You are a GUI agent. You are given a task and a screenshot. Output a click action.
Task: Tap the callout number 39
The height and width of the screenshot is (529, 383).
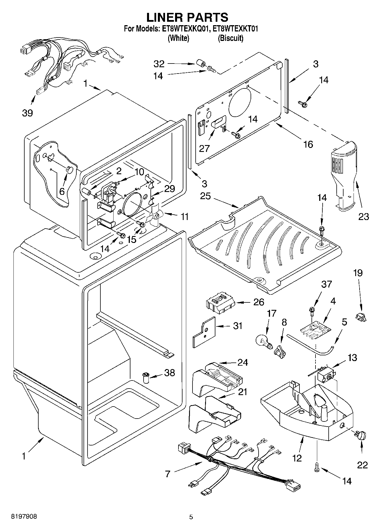(27, 113)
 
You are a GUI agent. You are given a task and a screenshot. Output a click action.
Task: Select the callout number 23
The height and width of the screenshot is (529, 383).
(364, 216)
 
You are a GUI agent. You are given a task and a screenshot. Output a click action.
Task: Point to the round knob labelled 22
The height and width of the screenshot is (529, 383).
(362, 435)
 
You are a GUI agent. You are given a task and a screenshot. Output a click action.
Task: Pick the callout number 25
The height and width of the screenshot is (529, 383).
(205, 196)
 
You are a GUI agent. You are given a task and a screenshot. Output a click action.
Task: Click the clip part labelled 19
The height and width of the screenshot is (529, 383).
(361, 316)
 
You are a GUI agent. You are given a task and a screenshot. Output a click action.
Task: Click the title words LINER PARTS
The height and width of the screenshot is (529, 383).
(187, 17)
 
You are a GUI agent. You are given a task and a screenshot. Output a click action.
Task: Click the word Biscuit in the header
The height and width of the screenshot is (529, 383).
(231, 38)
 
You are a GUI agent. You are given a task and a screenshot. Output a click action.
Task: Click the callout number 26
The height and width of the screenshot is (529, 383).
(259, 302)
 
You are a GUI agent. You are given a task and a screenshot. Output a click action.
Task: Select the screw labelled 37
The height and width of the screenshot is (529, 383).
(311, 310)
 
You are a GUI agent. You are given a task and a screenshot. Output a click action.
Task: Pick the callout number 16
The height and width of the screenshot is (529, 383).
(308, 144)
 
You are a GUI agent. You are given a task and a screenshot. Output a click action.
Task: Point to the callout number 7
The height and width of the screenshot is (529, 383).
(167, 474)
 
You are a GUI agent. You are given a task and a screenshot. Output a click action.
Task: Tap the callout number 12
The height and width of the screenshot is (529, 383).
(297, 458)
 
